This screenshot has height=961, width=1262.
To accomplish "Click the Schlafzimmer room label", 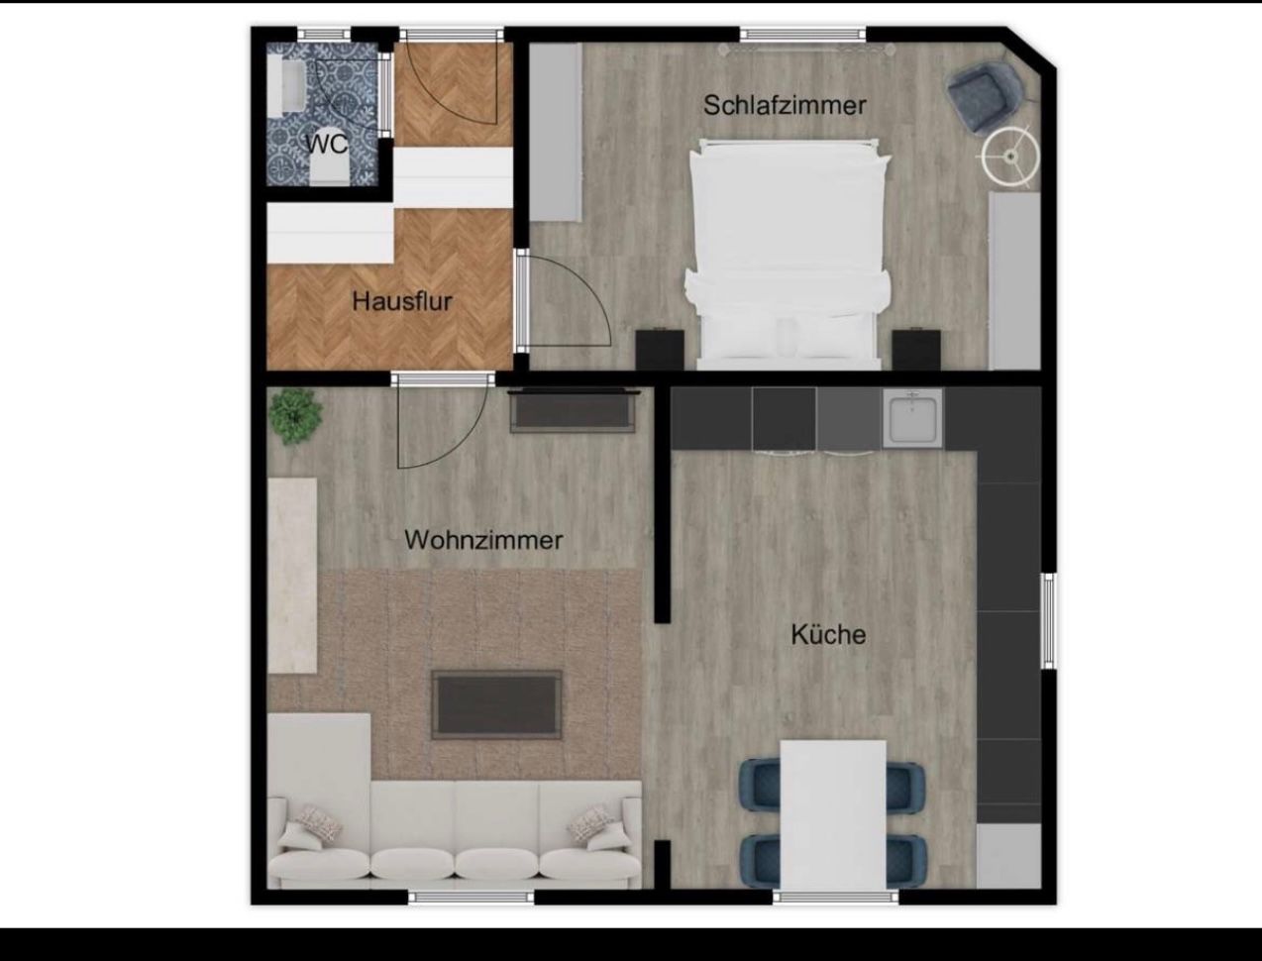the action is pyautogui.click(x=785, y=106).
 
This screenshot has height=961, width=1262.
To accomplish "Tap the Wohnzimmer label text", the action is pyautogui.click(x=483, y=540).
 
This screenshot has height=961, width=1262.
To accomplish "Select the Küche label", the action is pyautogui.click(x=828, y=634).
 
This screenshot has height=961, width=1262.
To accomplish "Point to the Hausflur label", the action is pyautogui.click(x=402, y=302).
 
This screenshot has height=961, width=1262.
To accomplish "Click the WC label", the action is pyautogui.click(x=327, y=145).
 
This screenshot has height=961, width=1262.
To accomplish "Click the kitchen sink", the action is pyautogui.click(x=913, y=419).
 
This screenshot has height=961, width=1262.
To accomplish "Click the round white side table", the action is pyautogui.click(x=1010, y=157).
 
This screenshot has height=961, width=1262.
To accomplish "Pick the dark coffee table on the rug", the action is pyautogui.click(x=496, y=704).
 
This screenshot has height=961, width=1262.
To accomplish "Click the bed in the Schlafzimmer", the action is pyautogui.click(x=788, y=255).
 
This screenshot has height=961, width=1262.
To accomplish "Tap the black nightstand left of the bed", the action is pyautogui.click(x=660, y=350).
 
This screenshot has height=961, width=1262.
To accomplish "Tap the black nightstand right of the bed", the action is pyautogui.click(x=916, y=350).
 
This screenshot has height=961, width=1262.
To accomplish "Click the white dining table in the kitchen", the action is pyautogui.click(x=833, y=814).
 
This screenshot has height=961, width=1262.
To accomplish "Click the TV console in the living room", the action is pyautogui.click(x=574, y=411).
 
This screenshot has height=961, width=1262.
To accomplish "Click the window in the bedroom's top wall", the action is pyautogui.click(x=802, y=35).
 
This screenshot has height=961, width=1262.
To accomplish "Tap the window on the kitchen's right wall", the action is pyautogui.click(x=1049, y=620).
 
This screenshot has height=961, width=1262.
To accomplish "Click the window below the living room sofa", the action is pyautogui.click(x=471, y=897).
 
